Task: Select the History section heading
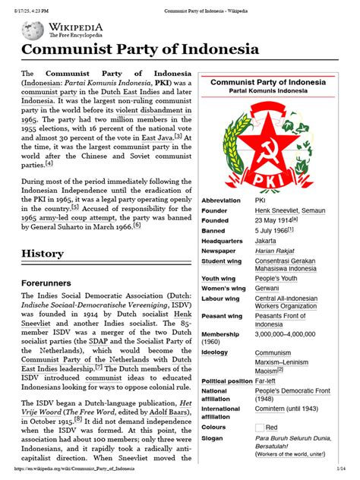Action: pyautogui.click(x=43, y=253)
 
